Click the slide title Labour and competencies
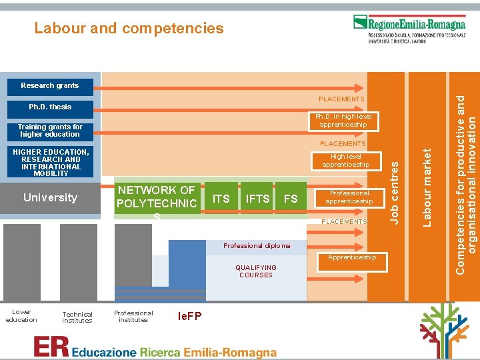click(129, 28)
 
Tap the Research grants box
click(50, 85)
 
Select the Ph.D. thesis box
click(50, 107)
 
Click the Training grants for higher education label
click(50, 130)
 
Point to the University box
click(50, 197)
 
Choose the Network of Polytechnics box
click(157, 197)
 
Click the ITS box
click(221, 198)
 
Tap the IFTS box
click(257, 198)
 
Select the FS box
click(291, 198)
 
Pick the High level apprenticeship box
click(345, 161)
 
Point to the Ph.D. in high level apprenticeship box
click(343, 120)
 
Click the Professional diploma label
click(257, 246)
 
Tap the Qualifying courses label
click(256, 271)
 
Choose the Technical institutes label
click(77, 317)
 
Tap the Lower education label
click(21, 315)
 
